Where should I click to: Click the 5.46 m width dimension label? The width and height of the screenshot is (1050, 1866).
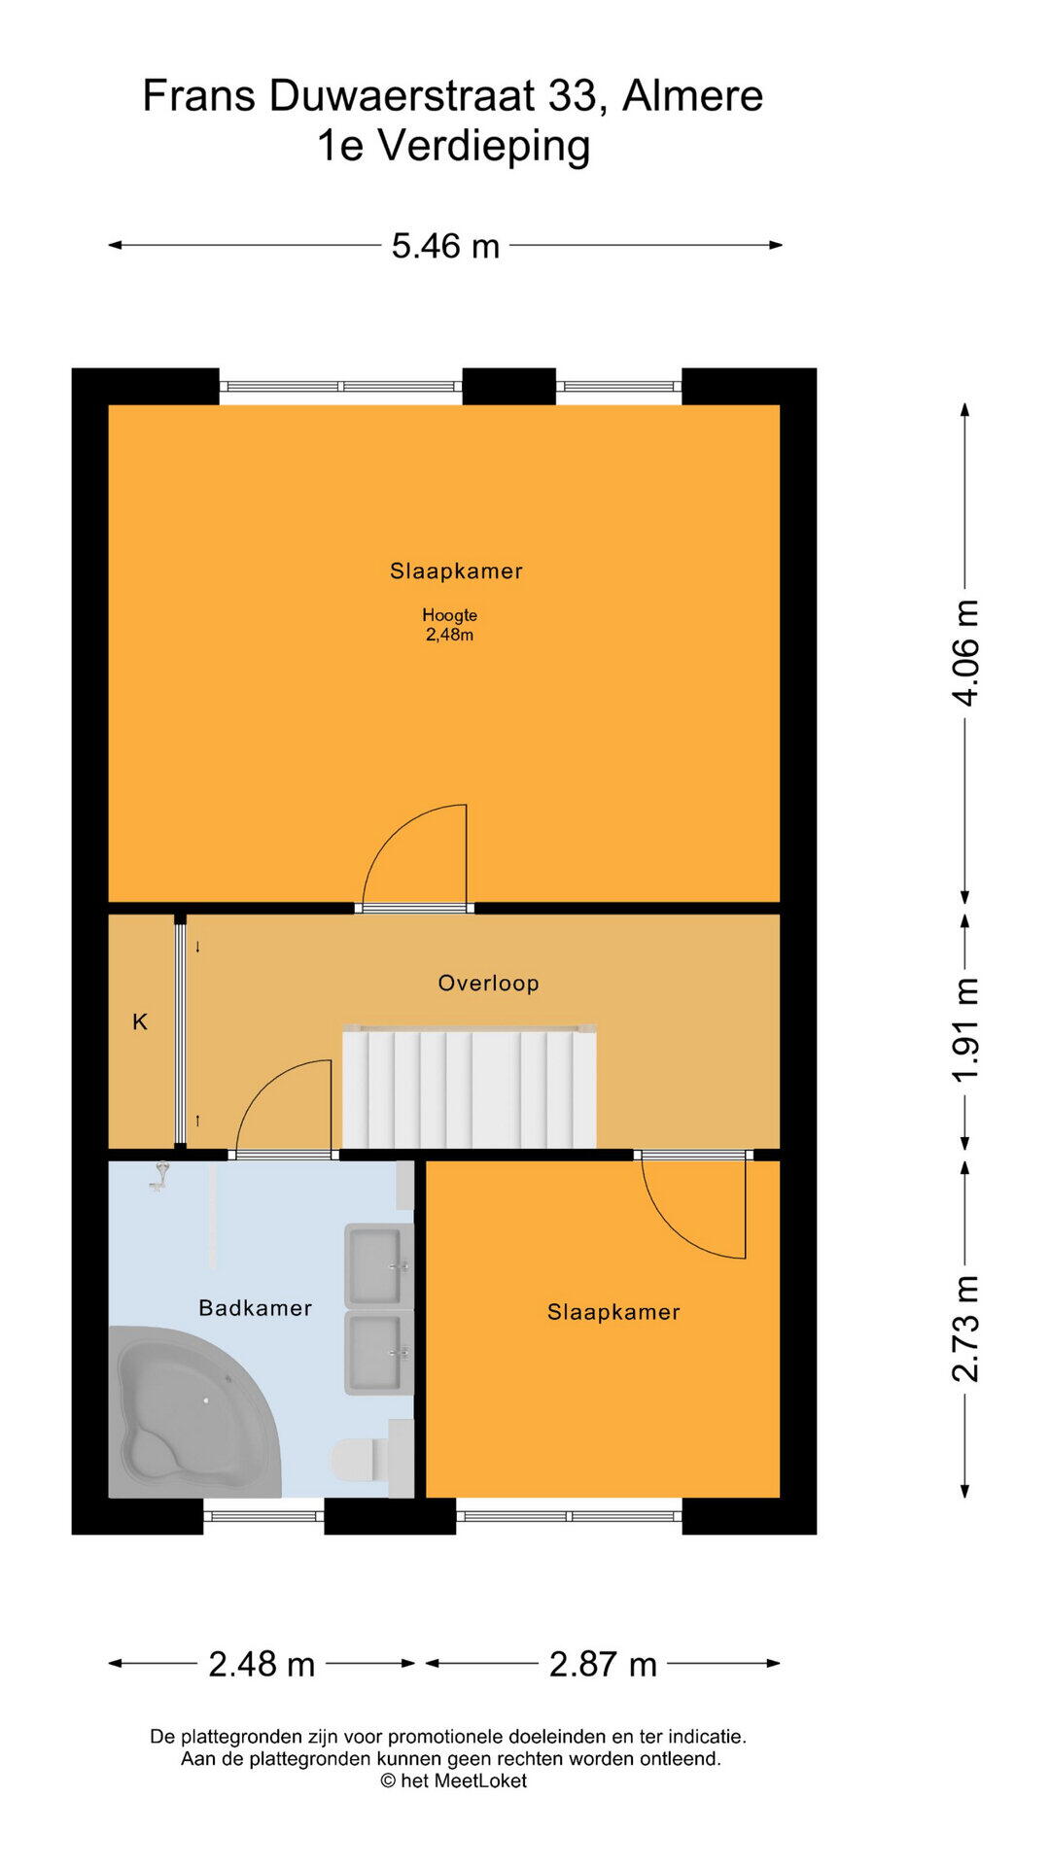(445, 246)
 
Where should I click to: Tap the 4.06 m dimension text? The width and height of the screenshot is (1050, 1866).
(965, 652)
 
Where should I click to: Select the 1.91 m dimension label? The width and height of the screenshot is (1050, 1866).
(965, 1030)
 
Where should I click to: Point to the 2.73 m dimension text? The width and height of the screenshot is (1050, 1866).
(965, 1329)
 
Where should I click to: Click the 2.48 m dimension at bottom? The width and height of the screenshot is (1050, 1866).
(262, 1664)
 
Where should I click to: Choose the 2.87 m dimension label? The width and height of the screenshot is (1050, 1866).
(603, 1664)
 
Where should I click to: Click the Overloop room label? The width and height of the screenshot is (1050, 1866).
(488, 983)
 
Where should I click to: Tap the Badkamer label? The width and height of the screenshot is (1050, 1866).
(255, 1308)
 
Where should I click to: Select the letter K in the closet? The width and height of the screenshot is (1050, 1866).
(140, 1021)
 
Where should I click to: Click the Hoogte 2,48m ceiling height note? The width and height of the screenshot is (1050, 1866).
(449, 625)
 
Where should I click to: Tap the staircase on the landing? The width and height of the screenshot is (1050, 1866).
(469, 1088)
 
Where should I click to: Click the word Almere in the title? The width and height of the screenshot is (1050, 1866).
(692, 96)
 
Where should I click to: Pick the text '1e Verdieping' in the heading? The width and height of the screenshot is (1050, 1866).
(453, 146)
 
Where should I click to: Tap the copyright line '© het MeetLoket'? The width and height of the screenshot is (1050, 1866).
(453, 1780)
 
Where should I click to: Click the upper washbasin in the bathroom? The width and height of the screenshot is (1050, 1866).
(378, 1264)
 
